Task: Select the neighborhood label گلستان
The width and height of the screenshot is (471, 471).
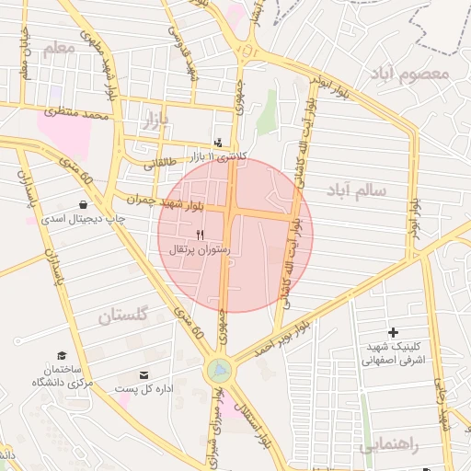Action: [122, 316]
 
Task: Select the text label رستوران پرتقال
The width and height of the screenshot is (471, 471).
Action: [205, 249]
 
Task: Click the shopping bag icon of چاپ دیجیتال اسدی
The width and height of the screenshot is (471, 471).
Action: [84, 204]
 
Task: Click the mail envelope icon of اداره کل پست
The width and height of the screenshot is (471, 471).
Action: [144, 374]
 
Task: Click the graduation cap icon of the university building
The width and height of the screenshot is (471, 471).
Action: [62, 355]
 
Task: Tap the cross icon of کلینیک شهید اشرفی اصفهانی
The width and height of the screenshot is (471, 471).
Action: [394, 331]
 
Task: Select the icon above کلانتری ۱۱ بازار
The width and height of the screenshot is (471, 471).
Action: [218, 143]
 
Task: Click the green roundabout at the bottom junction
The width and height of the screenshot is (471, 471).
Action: [219, 371]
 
